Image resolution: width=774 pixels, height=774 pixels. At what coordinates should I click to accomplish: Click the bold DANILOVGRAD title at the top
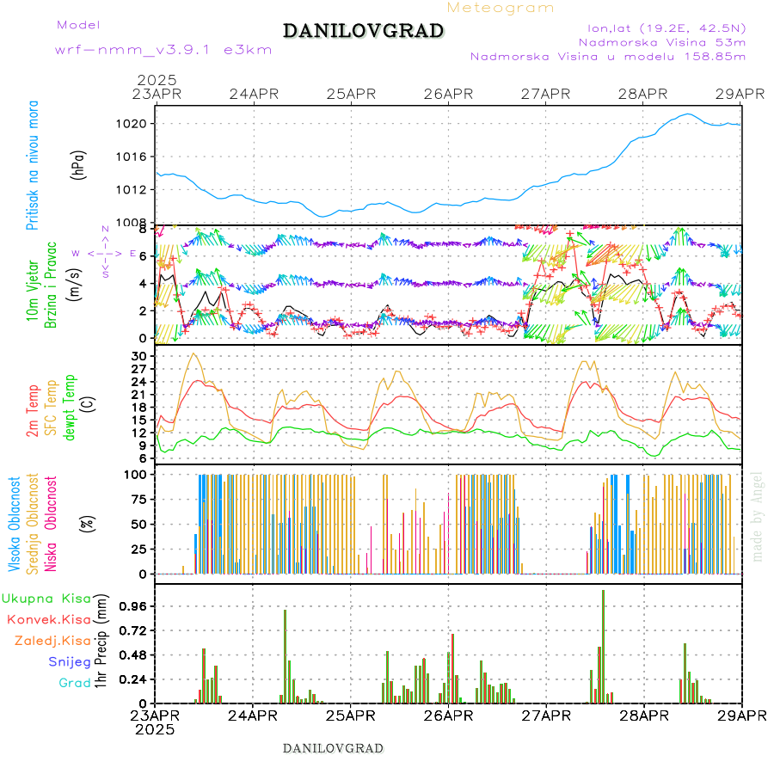(x=364, y=31)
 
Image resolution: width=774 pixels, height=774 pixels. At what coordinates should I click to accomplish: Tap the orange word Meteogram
(x=501, y=8)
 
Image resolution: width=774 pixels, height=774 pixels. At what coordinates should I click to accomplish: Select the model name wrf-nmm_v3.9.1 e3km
(x=163, y=50)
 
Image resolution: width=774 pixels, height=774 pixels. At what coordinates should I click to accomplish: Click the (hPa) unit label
(x=79, y=164)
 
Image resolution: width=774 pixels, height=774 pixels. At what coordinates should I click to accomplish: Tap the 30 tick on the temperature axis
(x=141, y=356)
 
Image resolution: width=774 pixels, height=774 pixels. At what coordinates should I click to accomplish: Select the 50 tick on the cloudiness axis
(x=141, y=524)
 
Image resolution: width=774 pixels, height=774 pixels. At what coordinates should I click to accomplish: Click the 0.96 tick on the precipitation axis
(x=133, y=606)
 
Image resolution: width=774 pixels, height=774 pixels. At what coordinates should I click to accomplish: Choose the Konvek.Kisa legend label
(x=49, y=619)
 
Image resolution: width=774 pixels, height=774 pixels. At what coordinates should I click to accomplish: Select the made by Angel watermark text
(x=758, y=516)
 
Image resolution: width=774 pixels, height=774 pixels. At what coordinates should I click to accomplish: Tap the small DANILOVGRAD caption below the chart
(x=333, y=747)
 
